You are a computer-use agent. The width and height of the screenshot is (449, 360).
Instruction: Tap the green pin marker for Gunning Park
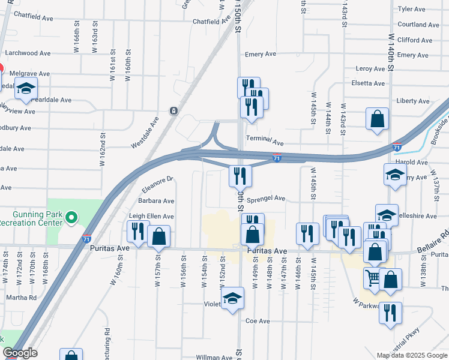pyautogui.click(x=71, y=217)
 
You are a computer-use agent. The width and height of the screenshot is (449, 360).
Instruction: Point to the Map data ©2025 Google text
pyautogui.click(x=411, y=355)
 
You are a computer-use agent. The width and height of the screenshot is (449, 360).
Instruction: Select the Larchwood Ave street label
pyautogui.click(x=28, y=53)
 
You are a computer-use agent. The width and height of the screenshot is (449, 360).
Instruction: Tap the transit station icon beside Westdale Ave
pyautogui.click(x=173, y=111)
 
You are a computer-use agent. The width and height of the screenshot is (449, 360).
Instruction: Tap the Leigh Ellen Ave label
pyautogui.click(x=152, y=216)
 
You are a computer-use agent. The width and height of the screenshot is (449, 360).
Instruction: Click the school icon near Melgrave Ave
pyautogui.click(x=26, y=89)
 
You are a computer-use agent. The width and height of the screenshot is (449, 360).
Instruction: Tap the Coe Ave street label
pyautogui.click(x=258, y=321)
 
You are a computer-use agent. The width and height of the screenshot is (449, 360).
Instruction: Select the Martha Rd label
pyautogui.click(x=21, y=297)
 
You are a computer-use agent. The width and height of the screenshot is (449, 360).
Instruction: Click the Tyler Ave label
pyautogui.click(x=411, y=9)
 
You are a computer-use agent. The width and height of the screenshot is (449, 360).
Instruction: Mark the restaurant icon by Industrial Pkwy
pyautogui.click(x=391, y=313)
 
